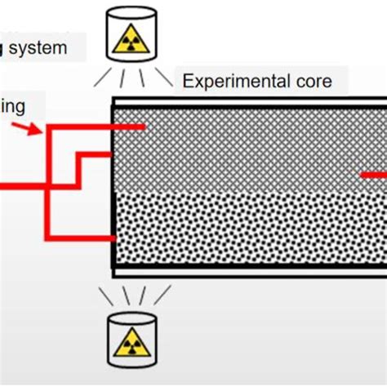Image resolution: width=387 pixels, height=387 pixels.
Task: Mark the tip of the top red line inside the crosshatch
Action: point(144,127)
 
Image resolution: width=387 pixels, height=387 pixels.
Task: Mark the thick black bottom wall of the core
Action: point(245,271)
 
